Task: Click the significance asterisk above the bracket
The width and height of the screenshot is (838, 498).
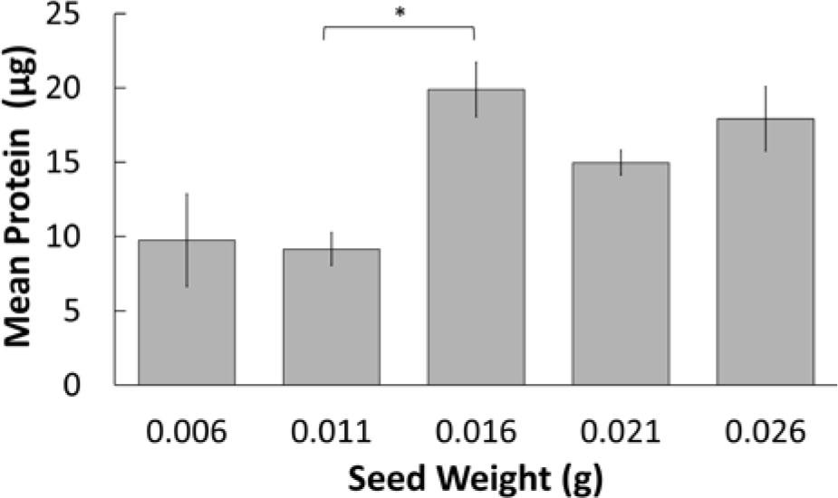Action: click(x=399, y=14)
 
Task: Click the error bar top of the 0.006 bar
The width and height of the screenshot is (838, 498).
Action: click(x=187, y=195)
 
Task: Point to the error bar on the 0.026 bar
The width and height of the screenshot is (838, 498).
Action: click(x=766, y=118)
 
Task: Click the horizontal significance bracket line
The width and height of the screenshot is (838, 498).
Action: click(x=399, y=27)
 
